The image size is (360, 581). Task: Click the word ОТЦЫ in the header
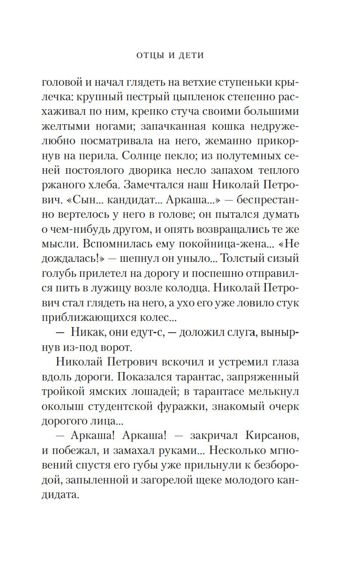150,55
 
